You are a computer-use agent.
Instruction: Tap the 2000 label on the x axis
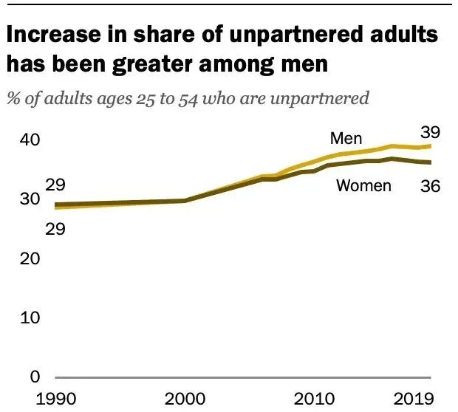click(184, 399)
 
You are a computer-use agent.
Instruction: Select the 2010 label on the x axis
click(314, 399)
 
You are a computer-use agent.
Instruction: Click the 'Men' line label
click(346, 139)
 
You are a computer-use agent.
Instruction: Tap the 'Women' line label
click(363, 185)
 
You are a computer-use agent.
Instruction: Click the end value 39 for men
click(431, 133)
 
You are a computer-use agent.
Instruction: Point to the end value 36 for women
click(431, 186)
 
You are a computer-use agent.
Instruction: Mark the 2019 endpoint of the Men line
click(431, 146)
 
